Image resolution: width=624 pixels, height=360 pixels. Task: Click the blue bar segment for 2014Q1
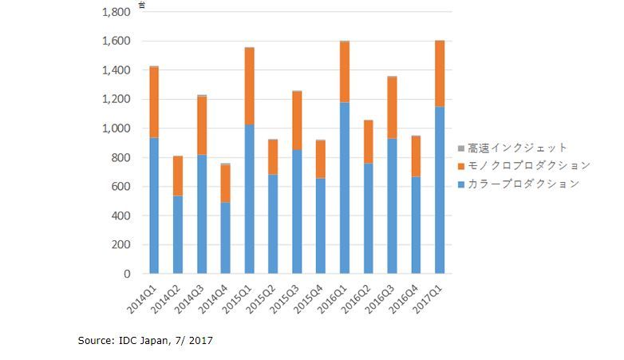154,205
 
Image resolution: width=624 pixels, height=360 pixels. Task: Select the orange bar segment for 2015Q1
250,86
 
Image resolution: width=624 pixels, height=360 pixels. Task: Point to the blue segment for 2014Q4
226,238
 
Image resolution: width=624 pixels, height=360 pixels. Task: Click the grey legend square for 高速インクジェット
461,148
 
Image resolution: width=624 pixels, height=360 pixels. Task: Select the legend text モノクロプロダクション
529,166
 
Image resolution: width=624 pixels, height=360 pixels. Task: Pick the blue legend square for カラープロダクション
461,184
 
